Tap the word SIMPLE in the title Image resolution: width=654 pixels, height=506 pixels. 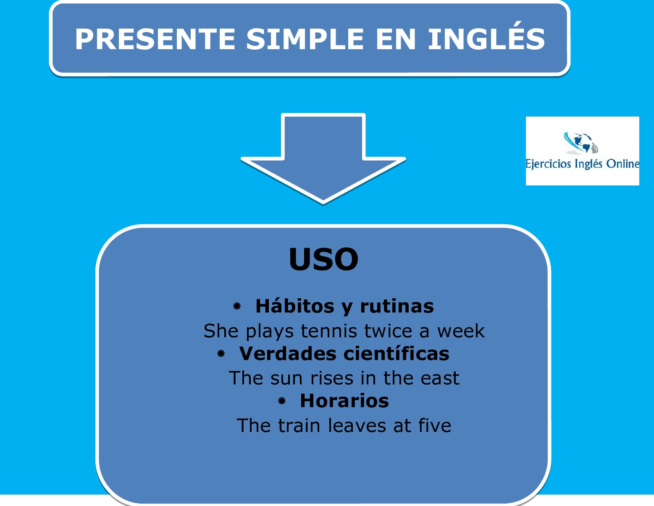(305, 39)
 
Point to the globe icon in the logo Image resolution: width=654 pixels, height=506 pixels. (581, 143)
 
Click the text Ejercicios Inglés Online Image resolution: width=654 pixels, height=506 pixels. (582, 164)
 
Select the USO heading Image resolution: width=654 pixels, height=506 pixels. (323, 259)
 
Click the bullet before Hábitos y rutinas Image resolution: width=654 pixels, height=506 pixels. (237, 306)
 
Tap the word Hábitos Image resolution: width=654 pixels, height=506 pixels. (295, 306)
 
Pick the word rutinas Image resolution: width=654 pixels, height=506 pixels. (397, 306)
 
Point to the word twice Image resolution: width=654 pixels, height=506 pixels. (388, 331)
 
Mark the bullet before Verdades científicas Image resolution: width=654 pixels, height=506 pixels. (221, 353)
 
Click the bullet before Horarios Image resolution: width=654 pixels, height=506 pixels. (282, 401)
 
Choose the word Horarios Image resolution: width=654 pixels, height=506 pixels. (344, 401)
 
